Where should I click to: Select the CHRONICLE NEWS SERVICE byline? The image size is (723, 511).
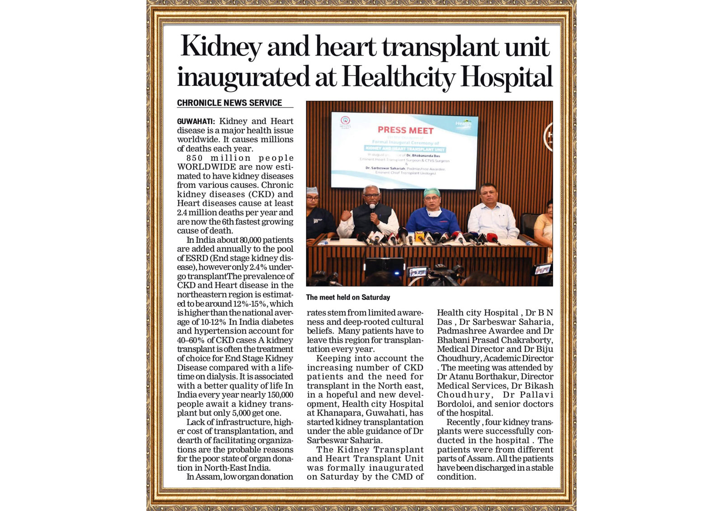(229, 103)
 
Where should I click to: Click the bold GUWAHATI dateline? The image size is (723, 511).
(196, 122)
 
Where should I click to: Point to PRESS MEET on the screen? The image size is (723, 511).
(405, 130)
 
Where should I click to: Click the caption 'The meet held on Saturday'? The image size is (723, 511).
(348, 297)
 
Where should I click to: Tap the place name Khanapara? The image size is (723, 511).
(338, 413)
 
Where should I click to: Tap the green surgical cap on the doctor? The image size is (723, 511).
(432, 192)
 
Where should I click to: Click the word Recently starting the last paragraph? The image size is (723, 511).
(463, 422)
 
